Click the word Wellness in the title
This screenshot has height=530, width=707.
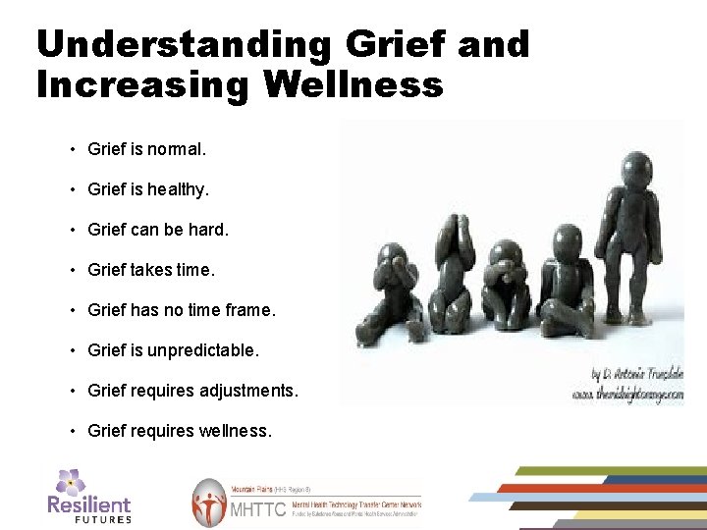coord(353,84)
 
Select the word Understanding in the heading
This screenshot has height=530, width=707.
coord(184,44)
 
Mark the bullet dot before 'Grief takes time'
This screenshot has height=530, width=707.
coord(73,270)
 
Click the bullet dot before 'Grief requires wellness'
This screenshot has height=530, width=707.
coord(73,431)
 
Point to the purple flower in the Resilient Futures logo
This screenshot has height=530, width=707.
coord(70,481)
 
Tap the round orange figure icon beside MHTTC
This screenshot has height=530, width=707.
coord(209,503)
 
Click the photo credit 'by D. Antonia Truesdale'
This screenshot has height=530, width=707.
coord(636,375)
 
